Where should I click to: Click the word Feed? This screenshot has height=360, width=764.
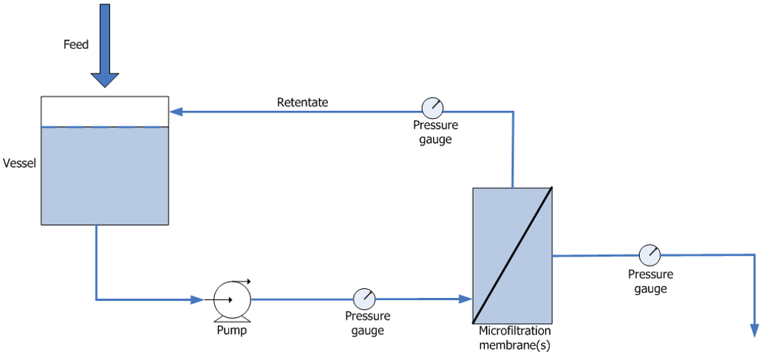click(75, 45)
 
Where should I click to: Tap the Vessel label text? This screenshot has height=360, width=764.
click(20, 162)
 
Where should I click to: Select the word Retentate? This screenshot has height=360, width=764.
click(302, 102)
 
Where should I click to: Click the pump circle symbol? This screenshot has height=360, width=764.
click(232, 299)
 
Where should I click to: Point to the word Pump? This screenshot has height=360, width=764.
click(231, 330)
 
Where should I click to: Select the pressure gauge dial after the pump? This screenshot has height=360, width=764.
click(364, 299)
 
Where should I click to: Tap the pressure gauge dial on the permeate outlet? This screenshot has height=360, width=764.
click(649, 255)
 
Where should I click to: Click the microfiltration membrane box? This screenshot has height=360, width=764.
click(512, 255)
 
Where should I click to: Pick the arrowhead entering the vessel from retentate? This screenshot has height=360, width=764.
click(176, 112)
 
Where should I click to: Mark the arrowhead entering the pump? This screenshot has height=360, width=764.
click(197, 299)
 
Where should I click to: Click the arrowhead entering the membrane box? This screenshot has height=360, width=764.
click(465, 299)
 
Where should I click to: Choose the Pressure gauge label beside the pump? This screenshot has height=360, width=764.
click(367, 323)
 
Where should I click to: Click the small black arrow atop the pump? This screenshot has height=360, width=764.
click(245, 281)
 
